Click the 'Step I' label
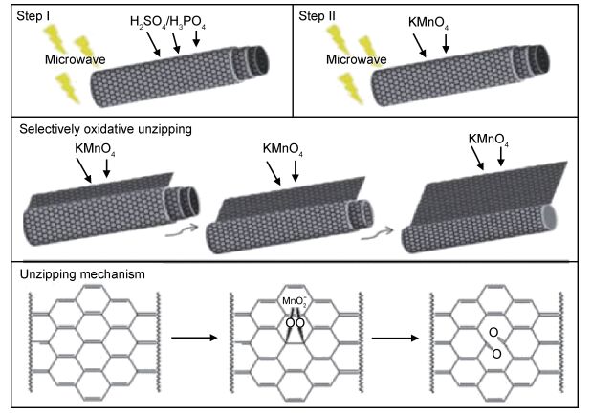pos(34,16)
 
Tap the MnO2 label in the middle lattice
pos(295,304)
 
